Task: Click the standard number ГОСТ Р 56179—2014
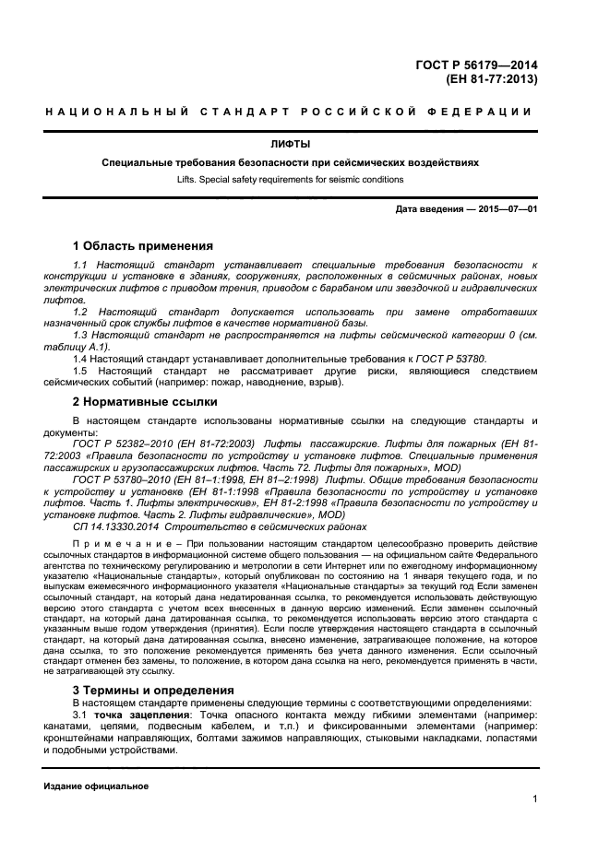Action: pyautogui.click(x=476, y=65)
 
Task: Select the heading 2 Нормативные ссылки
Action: pyautogui.click(x=145, y=402)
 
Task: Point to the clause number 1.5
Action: pyautogui.click(x=81, y=371)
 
